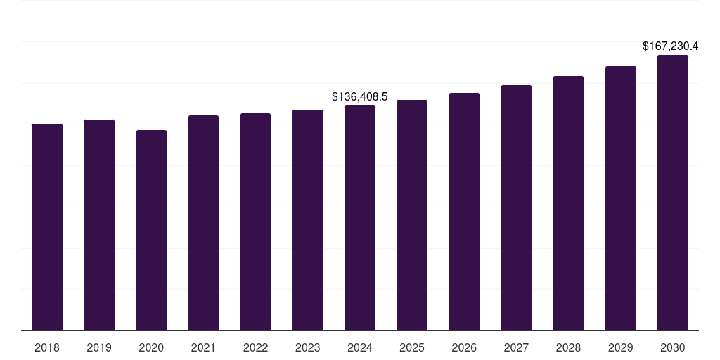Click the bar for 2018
click(x=47, y=227)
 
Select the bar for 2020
click(x=151, y=230)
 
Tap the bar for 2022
click(x=255, y=221)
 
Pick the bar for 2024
click(x=360, y=218)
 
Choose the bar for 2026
click(x=464, y=212)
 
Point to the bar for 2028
click(x=568, y=203)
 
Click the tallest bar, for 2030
click(x=673, y=193)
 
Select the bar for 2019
click(x=99, y=225)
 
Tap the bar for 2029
click(x=621, y=198)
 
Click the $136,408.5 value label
click(x=360, y=96)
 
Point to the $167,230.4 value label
click(x=670, y=46)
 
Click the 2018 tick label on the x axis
click(x=47, y=347)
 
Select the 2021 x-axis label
click(x=203, y=347)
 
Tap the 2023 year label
click(x=308, y=347)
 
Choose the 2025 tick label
click(x=412, y=347)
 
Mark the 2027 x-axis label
click(x=516, y=347)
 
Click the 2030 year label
click(x=673, y=347)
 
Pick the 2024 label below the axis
click(x=360, y=347)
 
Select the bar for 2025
click(x=412, y=215)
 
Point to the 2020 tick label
click(x=151, y=347)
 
